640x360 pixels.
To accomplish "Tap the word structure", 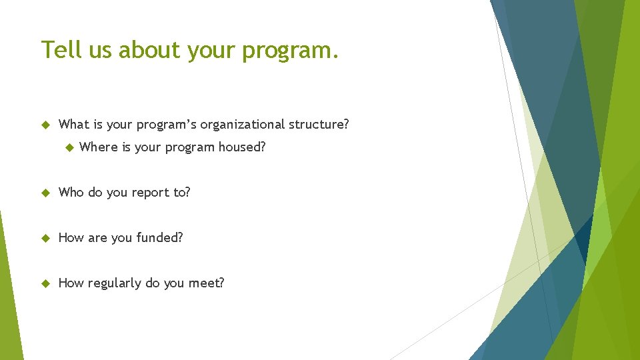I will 319,125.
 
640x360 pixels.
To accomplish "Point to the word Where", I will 98,147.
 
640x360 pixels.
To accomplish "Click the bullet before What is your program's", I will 46,125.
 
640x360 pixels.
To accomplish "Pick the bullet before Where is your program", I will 67,147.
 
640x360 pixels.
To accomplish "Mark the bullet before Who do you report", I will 46,193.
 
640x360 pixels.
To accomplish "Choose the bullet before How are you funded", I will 46,238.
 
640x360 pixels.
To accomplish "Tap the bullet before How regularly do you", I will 46,283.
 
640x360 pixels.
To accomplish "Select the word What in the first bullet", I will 74,125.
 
